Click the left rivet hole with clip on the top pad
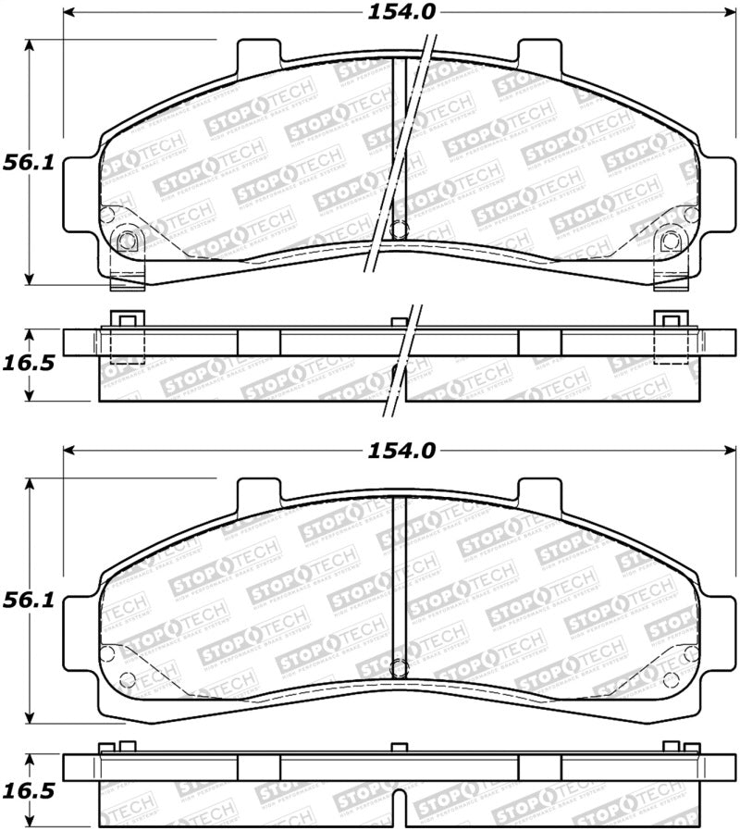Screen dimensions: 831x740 click(128, 242)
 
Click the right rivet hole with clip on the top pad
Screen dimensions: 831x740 click(672, 242)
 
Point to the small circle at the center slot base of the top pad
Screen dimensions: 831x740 click(400, 231)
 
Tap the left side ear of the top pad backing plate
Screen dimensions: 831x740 click(81, 199)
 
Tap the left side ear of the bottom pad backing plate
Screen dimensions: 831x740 click(81, 638)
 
